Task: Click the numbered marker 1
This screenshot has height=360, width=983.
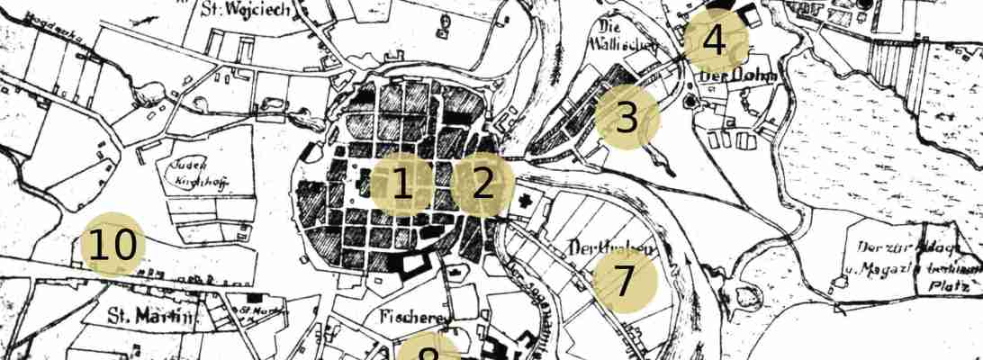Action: (x=401, y=184)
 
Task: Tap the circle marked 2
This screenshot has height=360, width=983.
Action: (x=482, y=184)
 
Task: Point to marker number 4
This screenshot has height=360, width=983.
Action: (x=713, y=40)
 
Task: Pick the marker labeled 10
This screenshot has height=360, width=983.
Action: (x=113, y=246)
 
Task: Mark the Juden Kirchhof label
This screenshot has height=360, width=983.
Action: (x=195, y=174)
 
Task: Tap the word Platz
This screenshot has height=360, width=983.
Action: (x=951, y=285)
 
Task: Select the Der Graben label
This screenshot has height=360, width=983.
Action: (x=610, y=248)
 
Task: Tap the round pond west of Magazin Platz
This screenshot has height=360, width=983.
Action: (x=746, y=296)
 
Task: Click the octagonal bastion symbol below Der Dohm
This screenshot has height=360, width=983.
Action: (x=691, y=100)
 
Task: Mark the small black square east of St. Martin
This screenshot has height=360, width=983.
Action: (x=255, y=297)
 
